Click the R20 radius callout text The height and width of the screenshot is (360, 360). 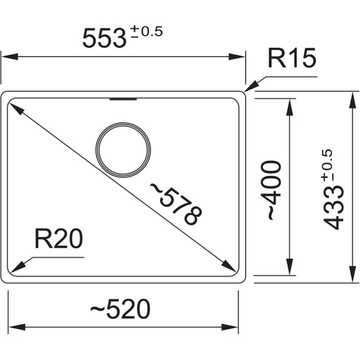coord(58,241)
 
